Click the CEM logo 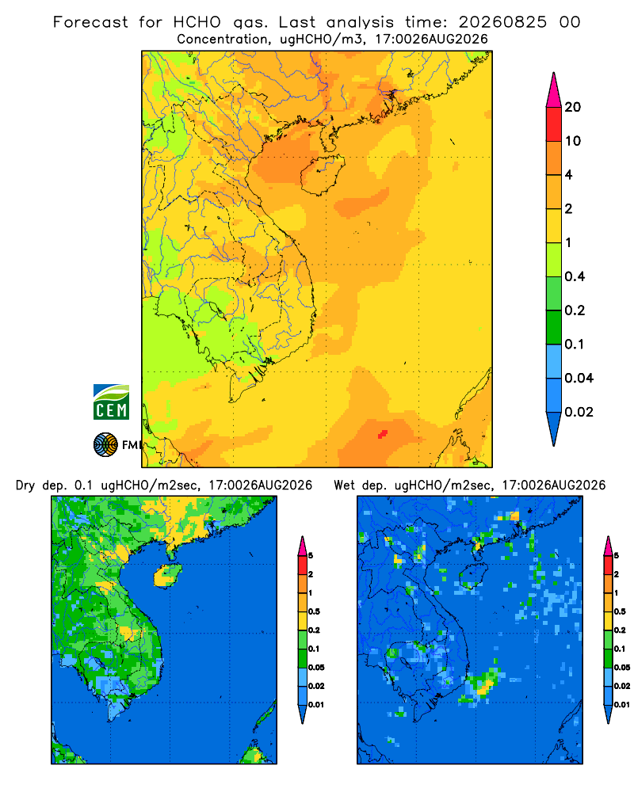[x=111, y=402]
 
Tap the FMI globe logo [x=105, y=444]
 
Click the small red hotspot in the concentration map [x=383, y=434]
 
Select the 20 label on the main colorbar [x=573, y=107]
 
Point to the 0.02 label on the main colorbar [x=579, y=412]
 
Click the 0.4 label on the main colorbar [x=575, y=276]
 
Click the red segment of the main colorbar [x=554, y=124]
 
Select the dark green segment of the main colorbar [x=554, y=327]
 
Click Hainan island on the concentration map [x=322, y=174]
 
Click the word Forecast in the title [x=90, y=22]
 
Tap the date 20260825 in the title [x=502, y=22]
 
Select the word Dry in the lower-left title [x=25, y=485]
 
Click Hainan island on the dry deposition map [x=168, y=576]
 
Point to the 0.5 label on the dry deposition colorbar [x=314, y=611]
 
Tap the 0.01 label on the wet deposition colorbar [x=622, y=705]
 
